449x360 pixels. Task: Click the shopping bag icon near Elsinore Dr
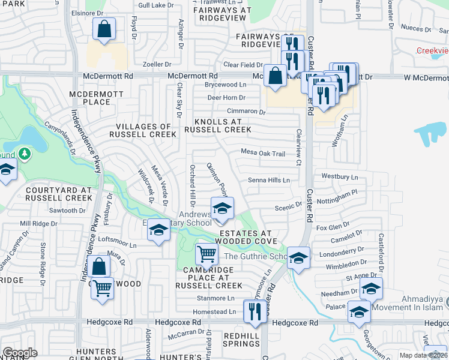pyautogui.click(x=104, y=29)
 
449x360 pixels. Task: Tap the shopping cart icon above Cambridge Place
pyautogui.click(x=206, y=254)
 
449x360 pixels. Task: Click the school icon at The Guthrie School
pyautogui.click(x=298, y=258)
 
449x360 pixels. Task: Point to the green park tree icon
pyautogui.click(x=24, y=154)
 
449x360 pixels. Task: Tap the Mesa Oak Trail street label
pyautogui.click(x=263, y=154)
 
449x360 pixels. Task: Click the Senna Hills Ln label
pyautogui.click(x=269, y=180)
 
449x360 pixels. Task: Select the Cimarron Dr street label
pyautogui.click(x=246, y=112)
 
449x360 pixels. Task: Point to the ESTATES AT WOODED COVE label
pyautogui.click(x=246, y=237)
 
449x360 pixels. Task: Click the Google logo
pyautogui.click(x=20, y=353)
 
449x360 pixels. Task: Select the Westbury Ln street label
pyautogui.click(x=340, y=177)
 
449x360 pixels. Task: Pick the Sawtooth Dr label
pyautogui.click(x=64, y=211)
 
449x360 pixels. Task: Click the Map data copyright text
pyautogui.click(x=423, y=355)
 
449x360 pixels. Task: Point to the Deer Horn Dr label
pyautogui.click(x=226, y=98)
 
